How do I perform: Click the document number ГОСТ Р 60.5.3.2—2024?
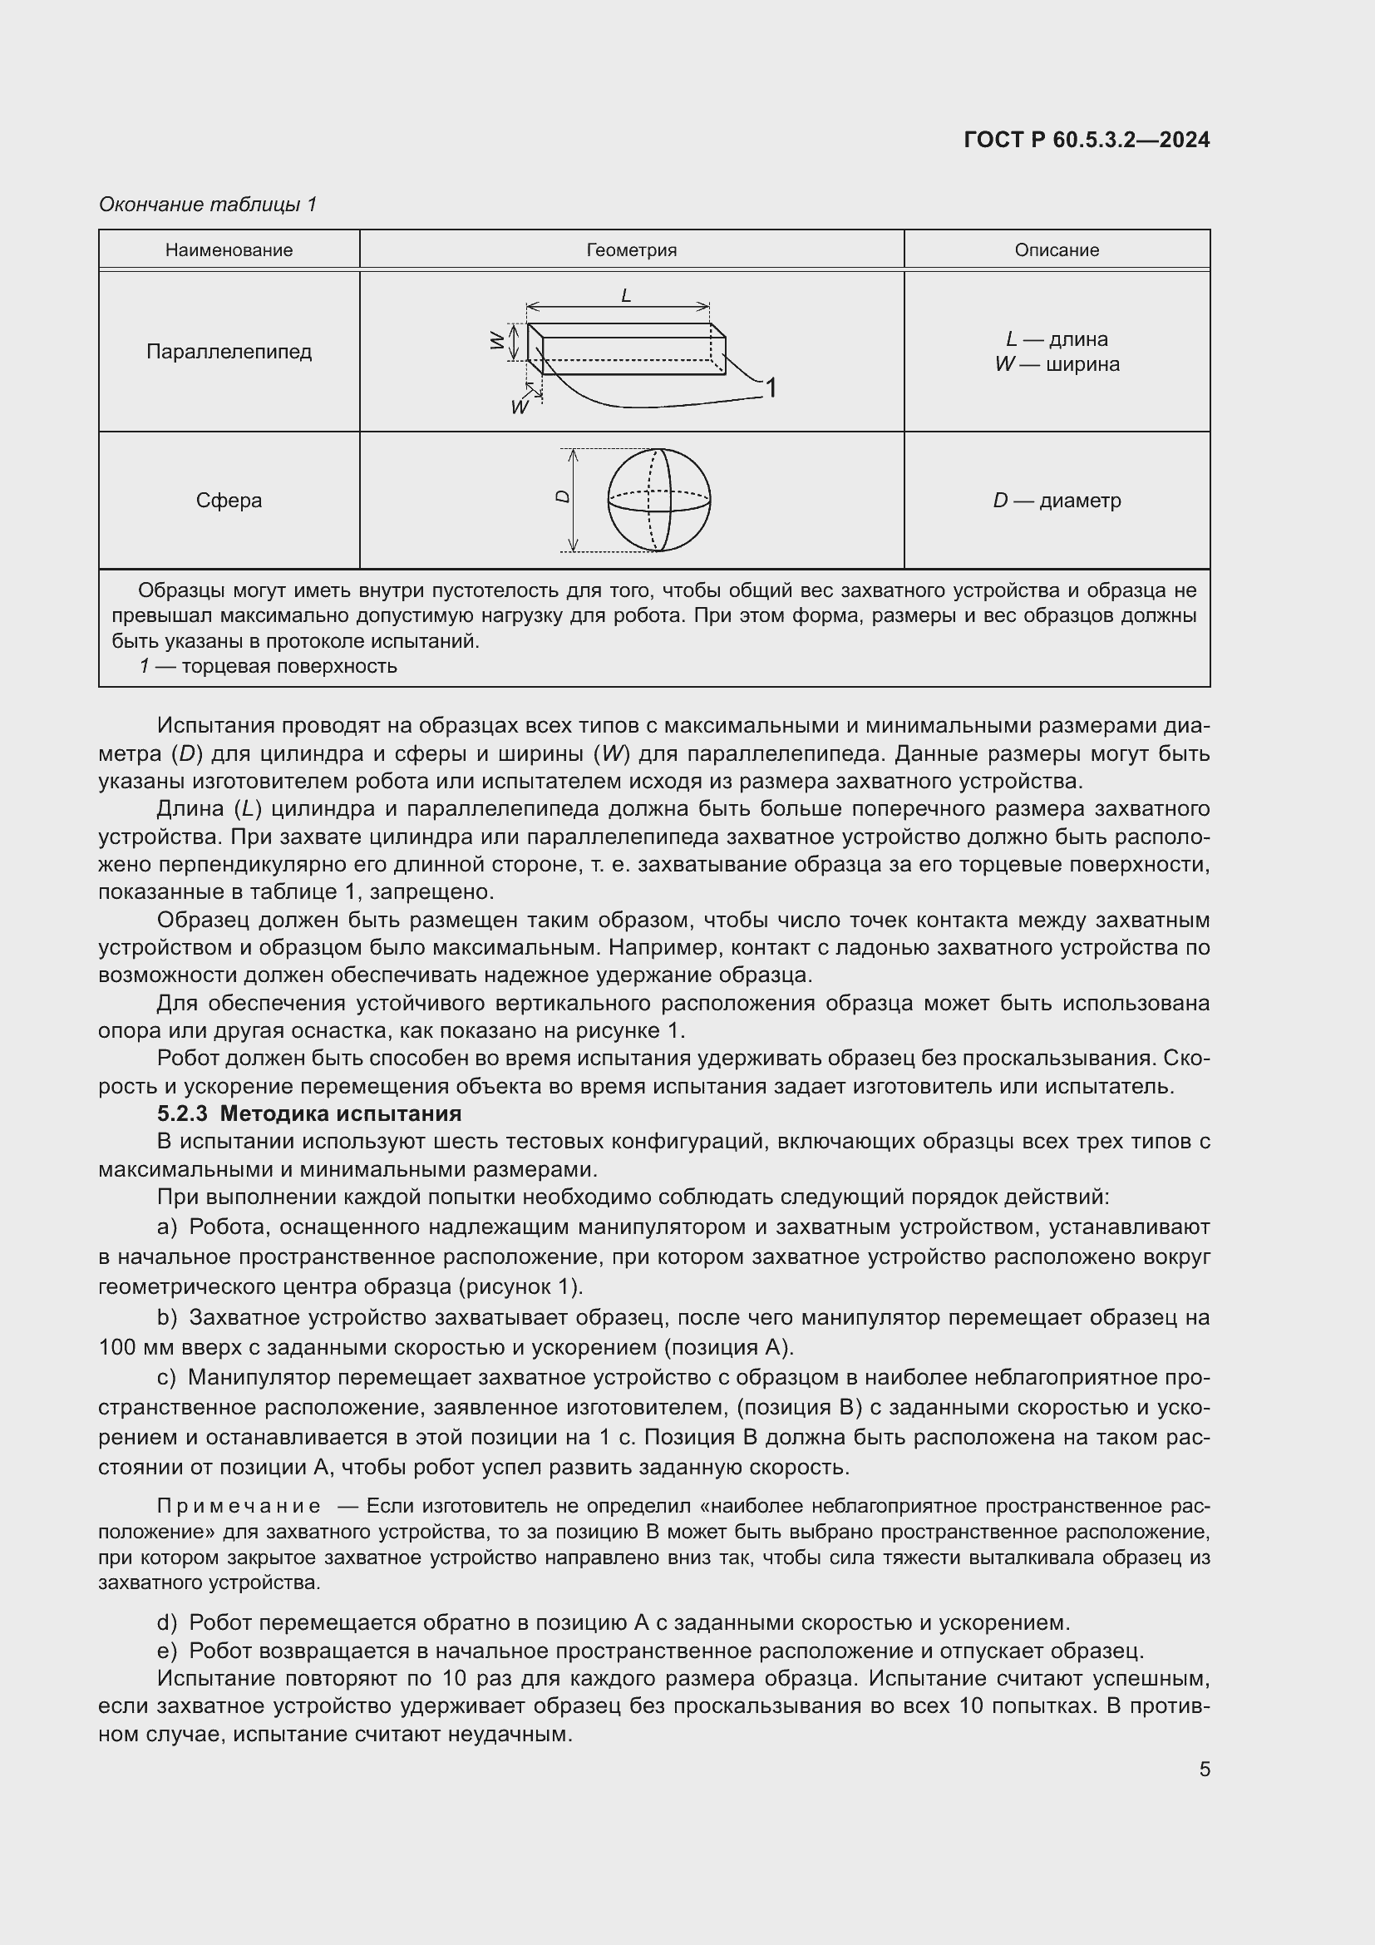point(1087,140)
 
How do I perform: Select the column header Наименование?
point(229,250)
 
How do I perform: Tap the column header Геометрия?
point(632,250)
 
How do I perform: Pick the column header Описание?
point(1057,250)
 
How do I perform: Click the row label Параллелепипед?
point(229,352)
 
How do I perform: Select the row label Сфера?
point(229,501)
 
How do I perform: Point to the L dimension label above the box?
point(626,296)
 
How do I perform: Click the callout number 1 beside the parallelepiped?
point(771,388)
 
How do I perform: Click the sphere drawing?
point(658,500)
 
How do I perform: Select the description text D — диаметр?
point(1057,501)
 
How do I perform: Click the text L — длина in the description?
point(1057,338)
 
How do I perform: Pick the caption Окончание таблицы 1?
point(208,205)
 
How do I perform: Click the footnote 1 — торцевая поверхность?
point(269,666)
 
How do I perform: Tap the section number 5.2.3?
point(181,1114)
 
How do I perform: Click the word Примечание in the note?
point(239,1506)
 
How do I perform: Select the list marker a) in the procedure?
point(167,1227)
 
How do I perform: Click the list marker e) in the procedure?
point(167,1650)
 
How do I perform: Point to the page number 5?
point(1204,1769)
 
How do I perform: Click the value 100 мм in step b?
point(132,1347)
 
